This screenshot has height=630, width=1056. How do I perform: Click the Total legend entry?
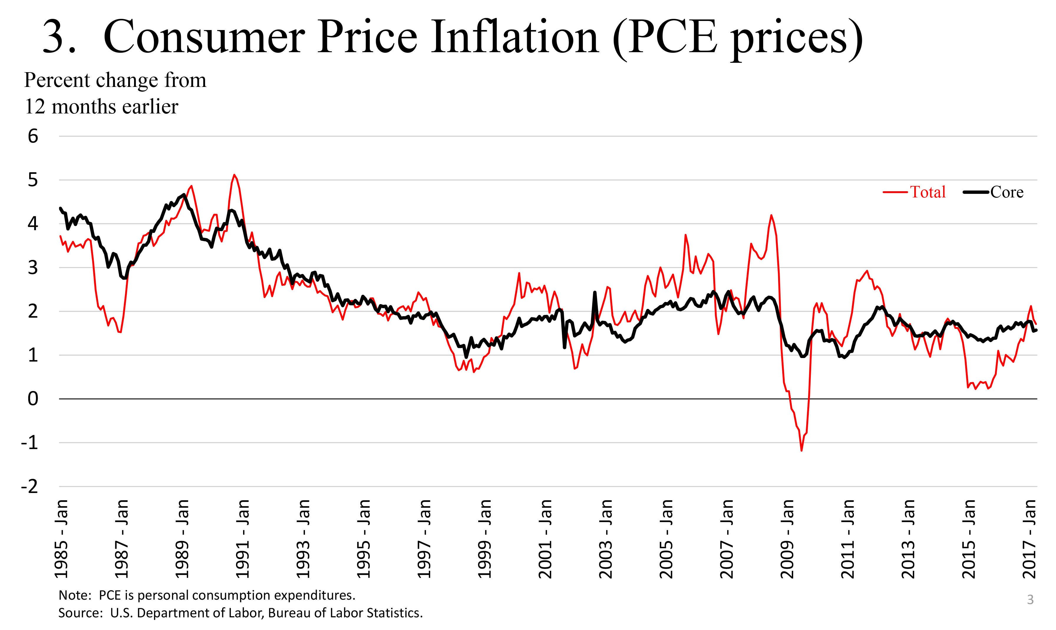(928, 192)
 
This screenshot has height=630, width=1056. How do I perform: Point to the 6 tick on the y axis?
(33, 136)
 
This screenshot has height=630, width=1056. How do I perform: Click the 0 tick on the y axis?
(33, 399)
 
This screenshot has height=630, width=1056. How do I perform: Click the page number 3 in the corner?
(1030, 599)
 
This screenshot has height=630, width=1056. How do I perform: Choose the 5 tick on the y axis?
(33, 180)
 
